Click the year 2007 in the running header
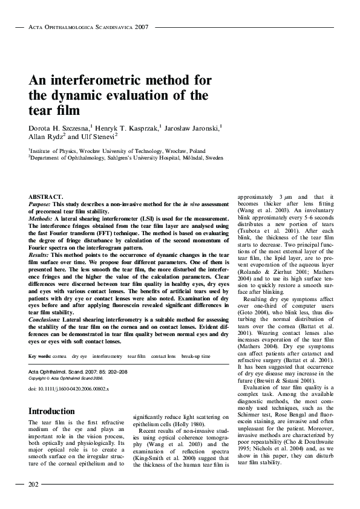[142, 27]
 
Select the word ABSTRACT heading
[46, 198]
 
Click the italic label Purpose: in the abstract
[42, 204]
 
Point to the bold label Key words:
[40, 357]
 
